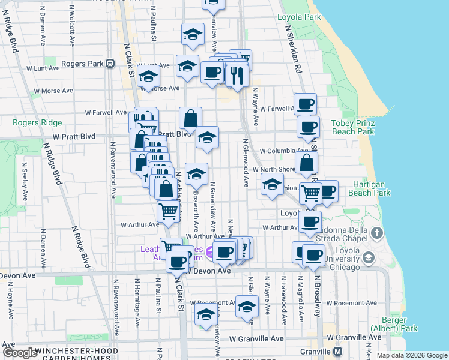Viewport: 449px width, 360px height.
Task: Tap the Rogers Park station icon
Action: pyautogui.click(x=110, y=64)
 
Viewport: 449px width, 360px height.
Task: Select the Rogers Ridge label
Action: pyautogui.click(x=37, y=123)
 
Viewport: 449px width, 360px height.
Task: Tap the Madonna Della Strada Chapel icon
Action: pyautogui.click(x=376, y=232)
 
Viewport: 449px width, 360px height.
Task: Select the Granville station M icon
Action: pyautogui.click(x=338, y=351)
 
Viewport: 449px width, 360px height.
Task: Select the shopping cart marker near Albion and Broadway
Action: pyautogui.click(x=310, y=193)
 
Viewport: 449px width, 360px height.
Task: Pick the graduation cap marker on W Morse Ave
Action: pyautogui.click(x=148, y=77)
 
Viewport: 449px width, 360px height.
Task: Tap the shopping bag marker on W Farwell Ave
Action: pyautogui.click(x=190, y=118)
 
